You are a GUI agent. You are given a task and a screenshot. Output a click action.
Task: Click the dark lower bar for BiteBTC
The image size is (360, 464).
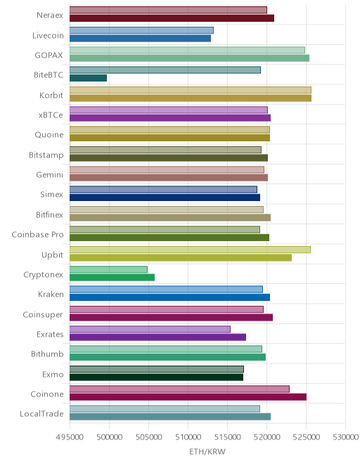[88, 78]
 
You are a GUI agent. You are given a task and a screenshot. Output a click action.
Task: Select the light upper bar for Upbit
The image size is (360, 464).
[190, 250]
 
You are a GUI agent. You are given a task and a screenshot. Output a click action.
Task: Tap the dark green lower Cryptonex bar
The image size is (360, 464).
[112, 277]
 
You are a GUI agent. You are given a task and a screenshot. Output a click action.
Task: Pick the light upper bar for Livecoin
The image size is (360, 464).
[141, 30]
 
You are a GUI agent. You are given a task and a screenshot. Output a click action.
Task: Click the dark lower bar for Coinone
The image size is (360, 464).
[188, 397]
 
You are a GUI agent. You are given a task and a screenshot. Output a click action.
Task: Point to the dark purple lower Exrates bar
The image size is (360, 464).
[157, 337]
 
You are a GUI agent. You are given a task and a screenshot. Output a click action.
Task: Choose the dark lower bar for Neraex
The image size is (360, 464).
[172, 18]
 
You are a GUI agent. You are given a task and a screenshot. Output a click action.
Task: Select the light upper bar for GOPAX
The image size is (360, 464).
[188, 50]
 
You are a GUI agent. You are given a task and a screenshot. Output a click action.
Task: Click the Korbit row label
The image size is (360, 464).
[51, 95]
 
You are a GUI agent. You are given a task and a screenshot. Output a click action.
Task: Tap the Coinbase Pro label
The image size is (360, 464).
[37, 234]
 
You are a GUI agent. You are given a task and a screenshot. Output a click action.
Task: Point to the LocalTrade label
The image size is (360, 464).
[41, 413]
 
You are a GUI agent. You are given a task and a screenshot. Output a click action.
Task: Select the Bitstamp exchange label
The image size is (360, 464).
[46, 155]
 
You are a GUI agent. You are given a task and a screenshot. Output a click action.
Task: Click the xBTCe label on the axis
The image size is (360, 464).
[51, 115]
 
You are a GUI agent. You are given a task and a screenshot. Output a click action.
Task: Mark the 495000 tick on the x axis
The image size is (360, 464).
[70, 437]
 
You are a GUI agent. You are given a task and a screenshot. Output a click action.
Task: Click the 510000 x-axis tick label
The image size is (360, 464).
[188, 437]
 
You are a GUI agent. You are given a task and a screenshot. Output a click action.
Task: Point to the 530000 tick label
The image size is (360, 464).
[345, 437]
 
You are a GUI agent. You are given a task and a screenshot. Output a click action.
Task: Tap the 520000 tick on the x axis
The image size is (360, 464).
[266, 437]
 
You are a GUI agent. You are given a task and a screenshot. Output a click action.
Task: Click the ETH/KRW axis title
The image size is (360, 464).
[207, 451]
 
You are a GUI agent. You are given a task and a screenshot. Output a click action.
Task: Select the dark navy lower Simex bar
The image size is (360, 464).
[165, 198]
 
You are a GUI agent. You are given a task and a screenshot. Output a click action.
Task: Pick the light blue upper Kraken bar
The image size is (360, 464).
[166, 290]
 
